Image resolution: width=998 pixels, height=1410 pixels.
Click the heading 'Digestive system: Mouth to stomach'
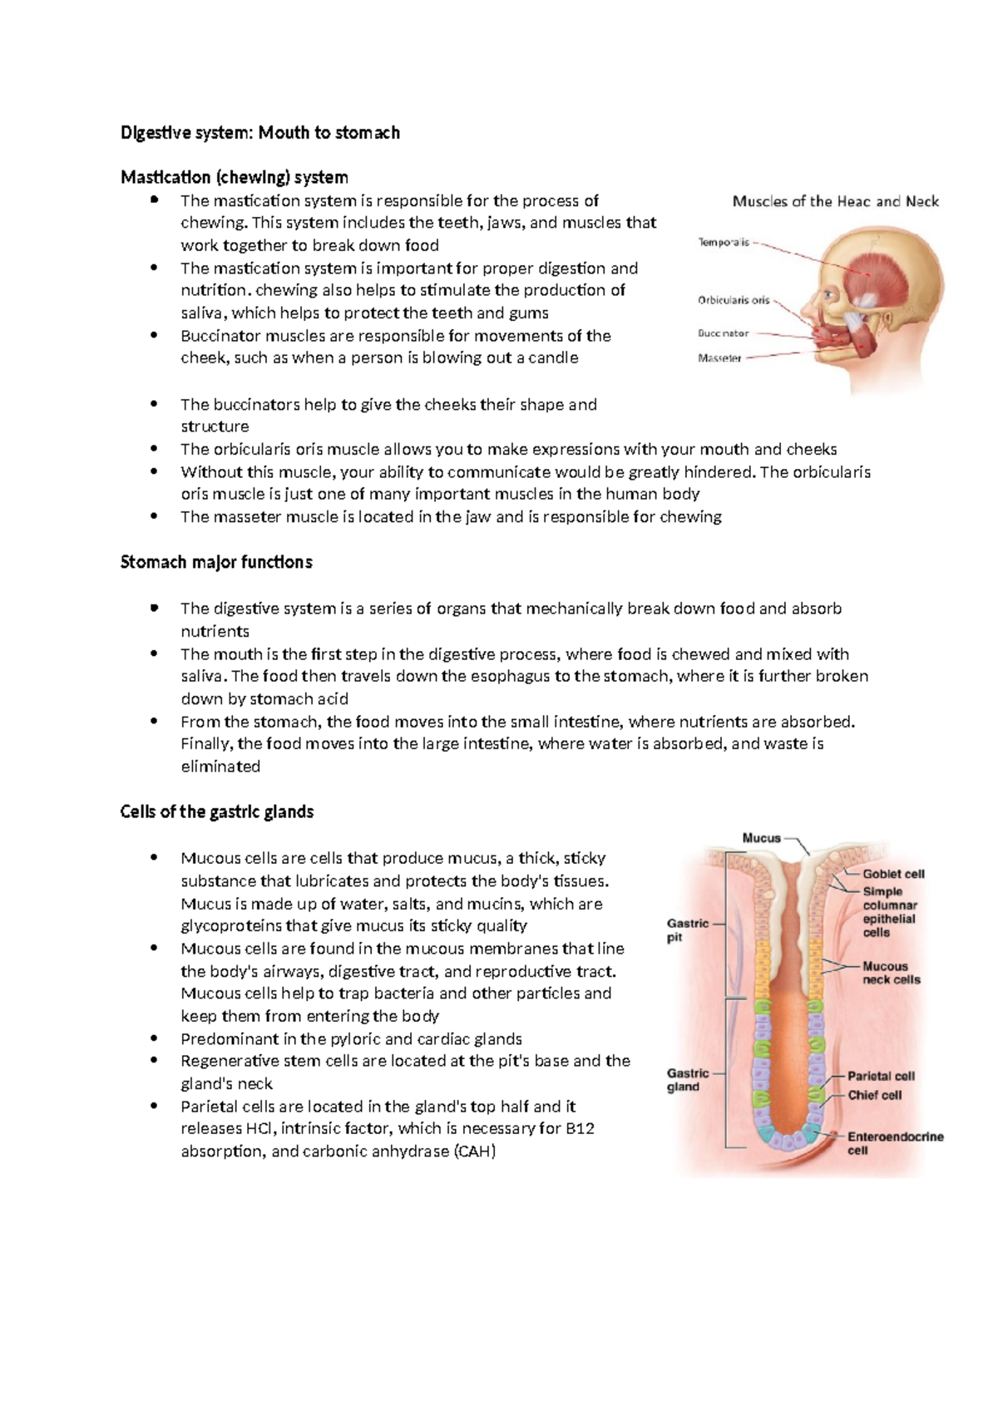(259, 133)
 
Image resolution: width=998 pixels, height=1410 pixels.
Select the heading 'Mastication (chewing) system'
(234, 177)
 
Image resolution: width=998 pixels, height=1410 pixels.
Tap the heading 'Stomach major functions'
(216, 562)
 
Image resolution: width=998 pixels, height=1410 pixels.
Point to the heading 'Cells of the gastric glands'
(216, 811)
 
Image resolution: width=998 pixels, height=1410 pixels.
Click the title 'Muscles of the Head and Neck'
(835, 201)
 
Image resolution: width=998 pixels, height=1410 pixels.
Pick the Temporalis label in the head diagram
(723, 243)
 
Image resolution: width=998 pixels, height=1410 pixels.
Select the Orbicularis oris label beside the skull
(733, 300)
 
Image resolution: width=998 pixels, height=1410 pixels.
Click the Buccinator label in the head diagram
(723, 333)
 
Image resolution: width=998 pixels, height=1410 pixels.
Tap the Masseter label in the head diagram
(719, 358)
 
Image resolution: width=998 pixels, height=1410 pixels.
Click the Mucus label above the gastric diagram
(761, 838)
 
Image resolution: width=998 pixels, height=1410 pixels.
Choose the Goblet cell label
(893, 874)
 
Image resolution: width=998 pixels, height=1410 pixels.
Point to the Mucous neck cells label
(891, 973)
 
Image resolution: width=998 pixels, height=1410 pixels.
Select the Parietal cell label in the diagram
(881, 1076)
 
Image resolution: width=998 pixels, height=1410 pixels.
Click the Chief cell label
(874, 1095)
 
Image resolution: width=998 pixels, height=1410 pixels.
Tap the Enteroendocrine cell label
(895, 1143)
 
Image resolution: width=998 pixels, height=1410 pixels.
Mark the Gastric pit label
(687, 930)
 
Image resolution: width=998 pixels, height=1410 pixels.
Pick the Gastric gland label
(687, 1080)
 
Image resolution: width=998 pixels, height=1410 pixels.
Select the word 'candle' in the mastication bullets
(553, 358)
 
